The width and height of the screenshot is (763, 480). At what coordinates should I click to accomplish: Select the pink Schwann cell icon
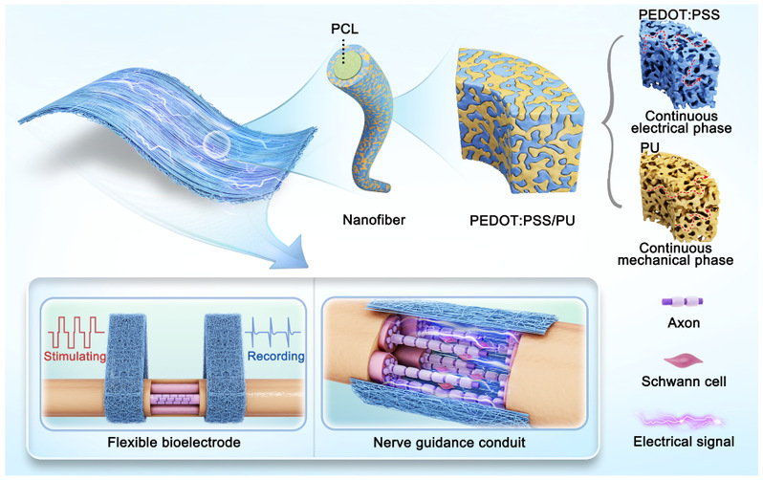tap(679, 359)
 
